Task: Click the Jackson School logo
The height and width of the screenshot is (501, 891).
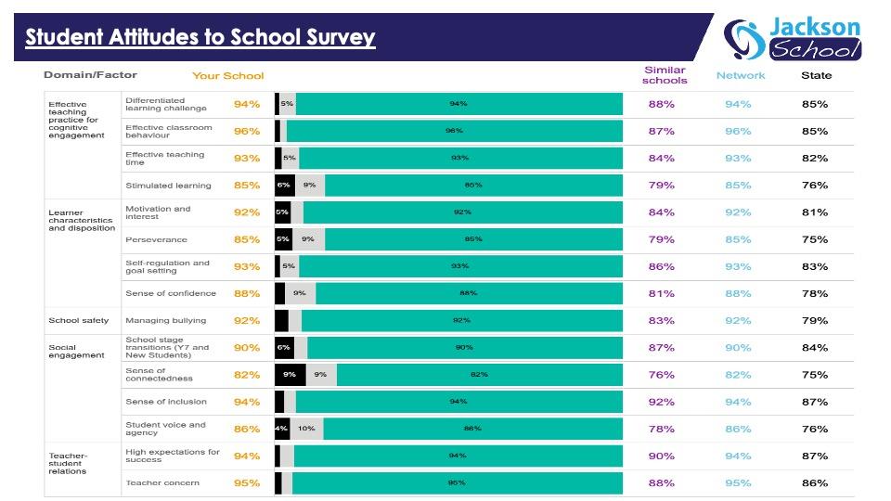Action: click(792, 39)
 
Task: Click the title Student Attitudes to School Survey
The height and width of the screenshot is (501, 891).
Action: click(200, 37)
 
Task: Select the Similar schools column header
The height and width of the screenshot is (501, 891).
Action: click(665, 75)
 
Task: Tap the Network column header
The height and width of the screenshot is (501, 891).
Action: click(741, 75)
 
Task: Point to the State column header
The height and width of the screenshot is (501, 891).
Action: click(816, 75)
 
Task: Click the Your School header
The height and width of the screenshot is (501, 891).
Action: click(228, 76)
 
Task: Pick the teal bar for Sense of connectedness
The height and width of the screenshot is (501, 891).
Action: click(480, 375)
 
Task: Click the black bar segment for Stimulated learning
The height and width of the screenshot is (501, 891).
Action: click(285, 186)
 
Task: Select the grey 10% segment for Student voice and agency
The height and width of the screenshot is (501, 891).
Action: click(307, 429)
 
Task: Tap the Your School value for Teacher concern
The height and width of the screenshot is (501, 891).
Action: click(247, 483)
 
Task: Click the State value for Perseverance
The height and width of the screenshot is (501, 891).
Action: click(815, 239)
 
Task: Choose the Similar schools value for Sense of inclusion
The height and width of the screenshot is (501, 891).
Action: click(662, 402)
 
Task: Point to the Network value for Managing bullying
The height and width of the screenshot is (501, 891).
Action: click(738, 321)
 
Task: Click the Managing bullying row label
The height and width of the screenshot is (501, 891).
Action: click(166, 320)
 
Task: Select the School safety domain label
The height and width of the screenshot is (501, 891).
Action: click(78, 320)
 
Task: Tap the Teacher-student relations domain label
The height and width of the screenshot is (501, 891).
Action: click(68, 464)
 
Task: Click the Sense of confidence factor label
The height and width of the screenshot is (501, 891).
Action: click(171, 294)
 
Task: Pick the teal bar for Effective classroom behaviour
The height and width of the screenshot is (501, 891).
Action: click(455, 131)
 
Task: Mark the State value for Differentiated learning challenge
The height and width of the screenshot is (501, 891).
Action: click(815, 105)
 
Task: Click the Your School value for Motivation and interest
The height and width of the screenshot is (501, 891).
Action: click(247, 212)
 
